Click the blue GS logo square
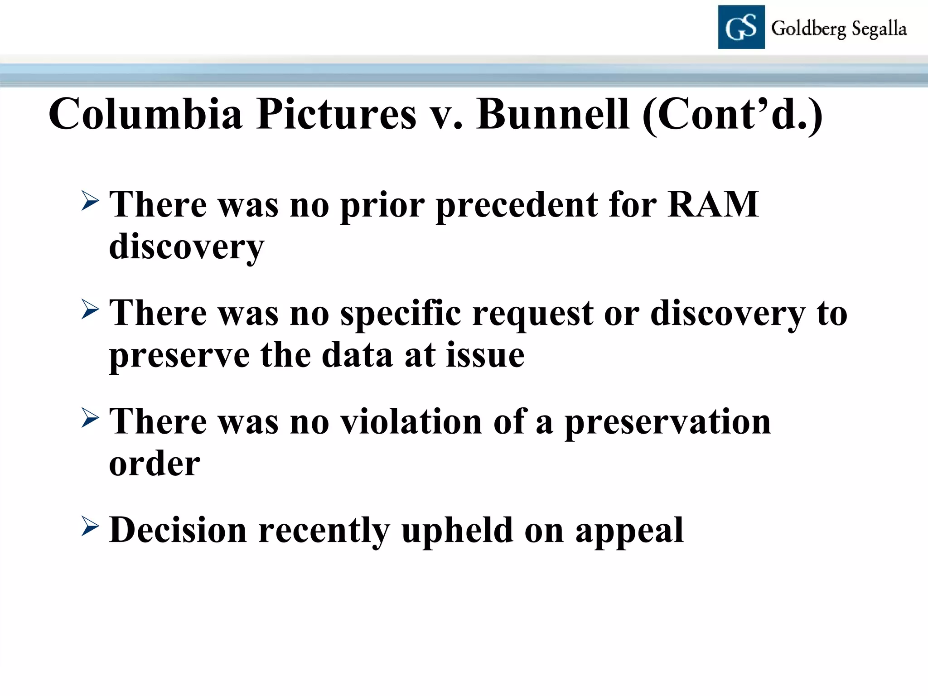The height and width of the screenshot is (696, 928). [x=741, y=27]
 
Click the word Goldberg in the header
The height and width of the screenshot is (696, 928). [x=808, y=29]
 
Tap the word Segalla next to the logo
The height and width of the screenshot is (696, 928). [x=879, y=29]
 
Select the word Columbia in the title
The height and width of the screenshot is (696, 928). [x=145, y=114]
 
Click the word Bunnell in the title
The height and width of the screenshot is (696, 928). [x=553, y=114]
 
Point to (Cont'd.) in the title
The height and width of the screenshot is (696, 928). [x=732, y=115]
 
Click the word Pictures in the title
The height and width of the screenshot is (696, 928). [x=336, y=114]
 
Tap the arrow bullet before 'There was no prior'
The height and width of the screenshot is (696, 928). [x=90, y=200]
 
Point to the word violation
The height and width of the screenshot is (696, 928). [x=411, y=421]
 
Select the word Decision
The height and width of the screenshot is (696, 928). [x=178, y=530]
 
